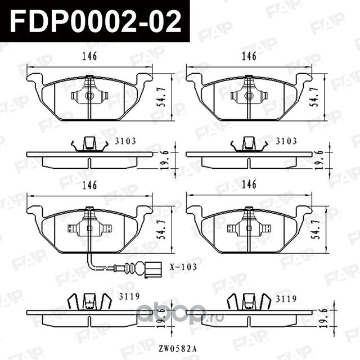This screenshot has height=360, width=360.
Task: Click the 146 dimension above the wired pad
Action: point(89,184)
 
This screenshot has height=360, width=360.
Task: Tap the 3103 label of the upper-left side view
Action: point(127,141)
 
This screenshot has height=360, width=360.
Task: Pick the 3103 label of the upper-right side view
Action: point(286,141)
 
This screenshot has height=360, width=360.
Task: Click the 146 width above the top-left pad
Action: point(89,56)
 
